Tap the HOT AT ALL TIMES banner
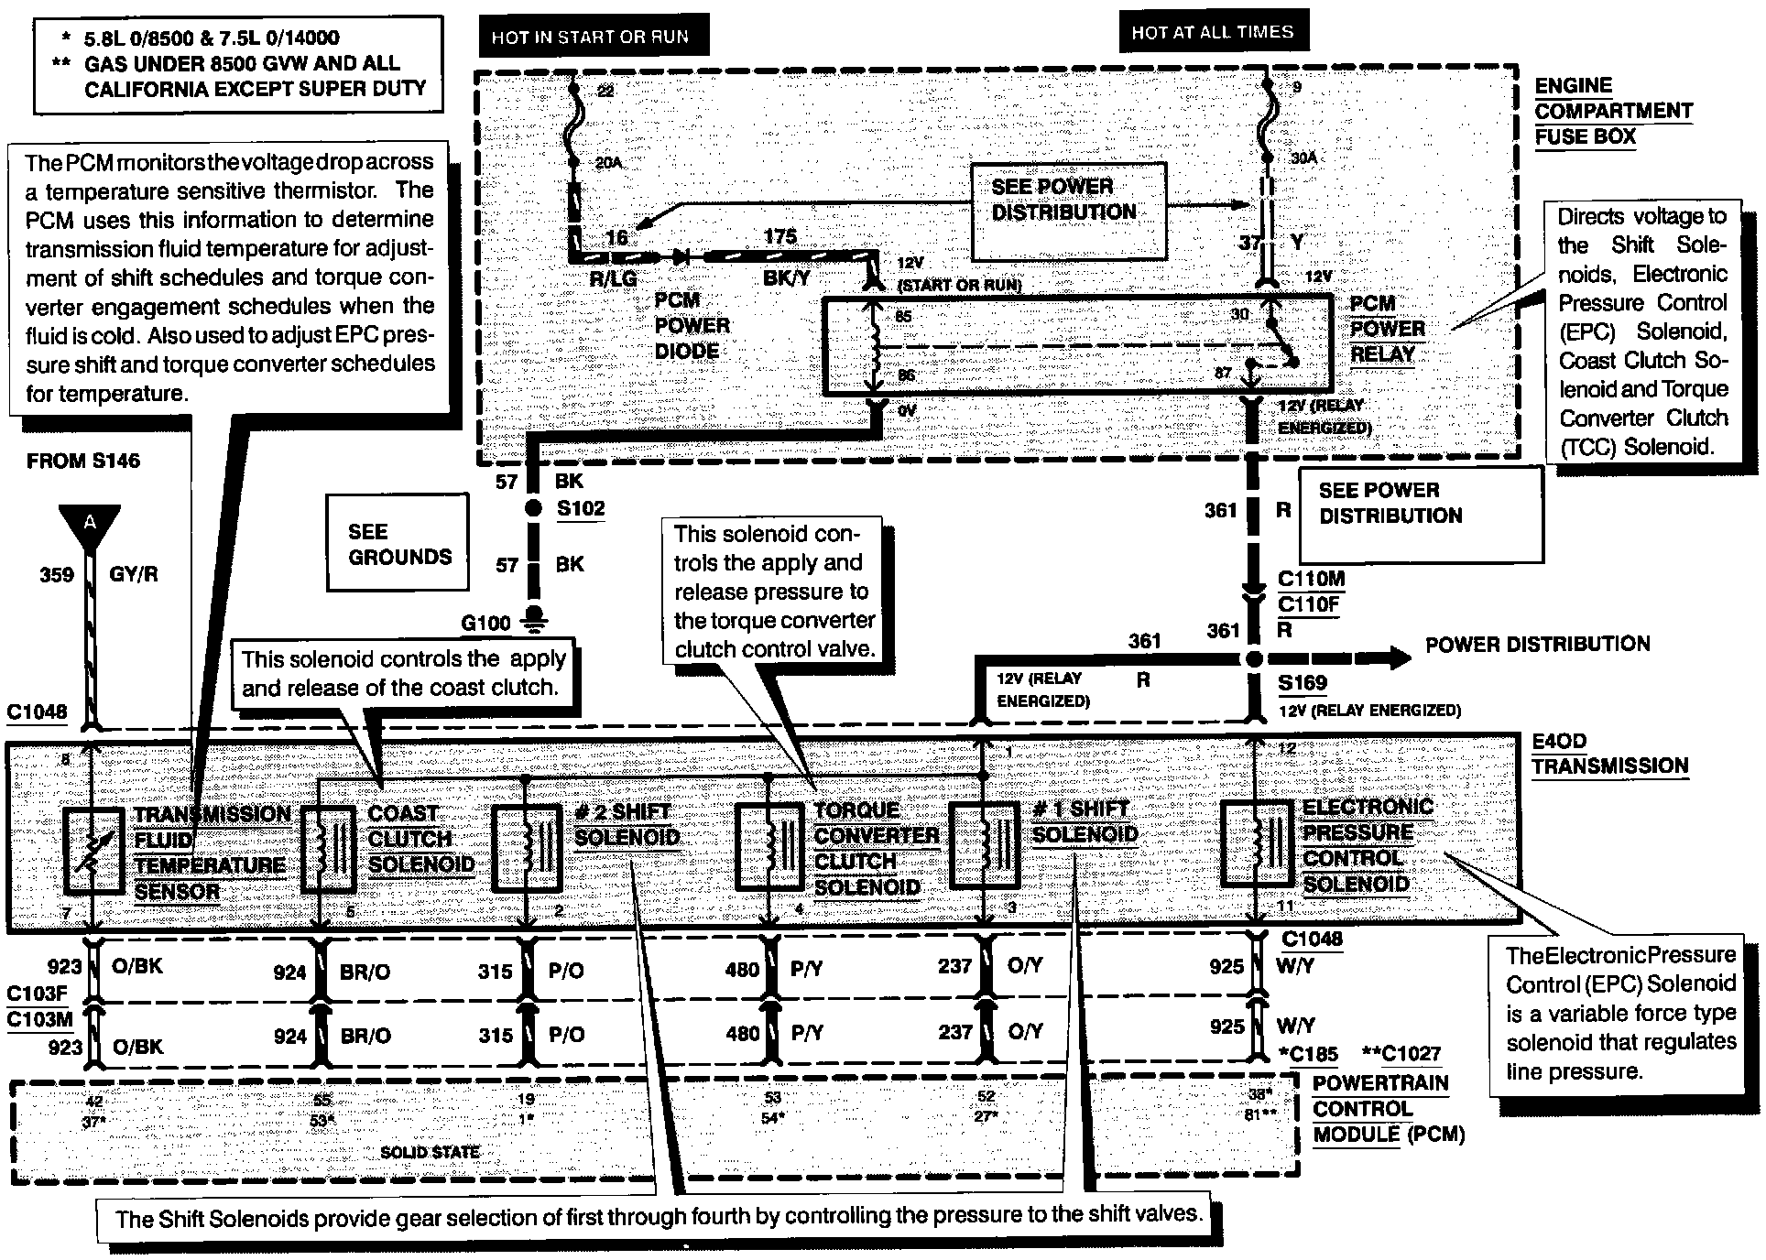click(1212, 33)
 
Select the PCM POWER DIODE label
click(692, 326)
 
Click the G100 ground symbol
click(530, 622)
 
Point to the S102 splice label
click(581, 509)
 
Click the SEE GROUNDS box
click(398, 544)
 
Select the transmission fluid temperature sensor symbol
click(94, 851)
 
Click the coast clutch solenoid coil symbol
click(330, 849)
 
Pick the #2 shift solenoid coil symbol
click(528, 848)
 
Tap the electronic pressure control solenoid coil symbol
click(1256, 844)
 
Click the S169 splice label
click(1303, 683)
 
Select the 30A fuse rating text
click(1303, 157)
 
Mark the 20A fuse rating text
click(607, 163)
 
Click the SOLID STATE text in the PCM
click(430, 1152)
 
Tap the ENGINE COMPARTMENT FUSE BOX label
click(1613, 111)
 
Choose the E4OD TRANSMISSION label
click(1609, 754)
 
